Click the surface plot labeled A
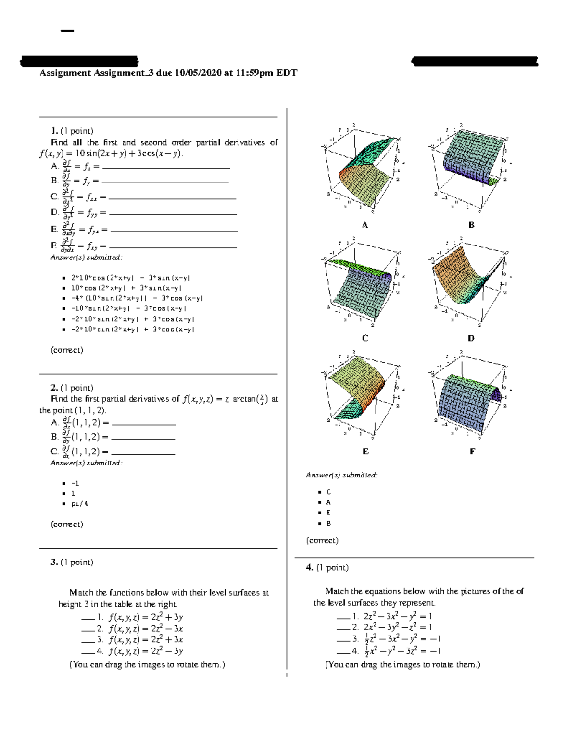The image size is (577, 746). click(x=364, y=168)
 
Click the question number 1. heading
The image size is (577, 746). click(x=54, y=131)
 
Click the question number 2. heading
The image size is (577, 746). click(x=54, y=388)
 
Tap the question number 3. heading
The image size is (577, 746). click(x=54, y=562)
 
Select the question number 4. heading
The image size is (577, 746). click(x=310, y=567)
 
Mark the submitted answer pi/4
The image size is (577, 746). click(x=79, y=504)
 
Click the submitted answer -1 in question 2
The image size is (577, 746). click(x=75, y=483)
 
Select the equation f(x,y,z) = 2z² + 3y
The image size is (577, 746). click(x=145, y=617)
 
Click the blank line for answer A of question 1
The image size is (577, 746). click(x=166, y=168)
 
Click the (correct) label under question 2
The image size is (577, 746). click(x=67, y=524)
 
